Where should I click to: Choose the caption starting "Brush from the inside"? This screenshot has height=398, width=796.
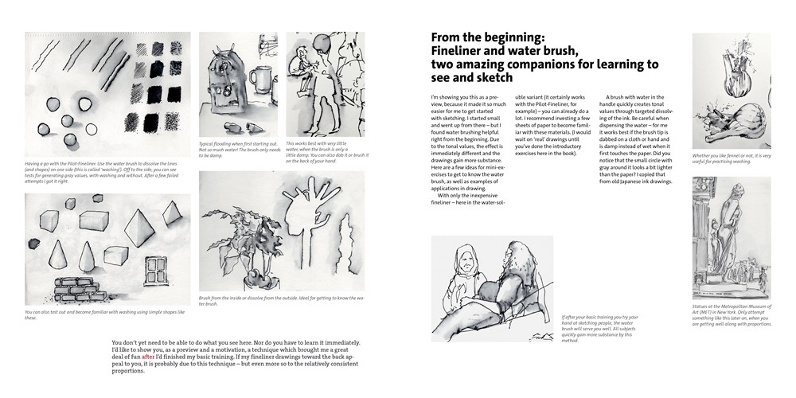(x=281, y=300)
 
